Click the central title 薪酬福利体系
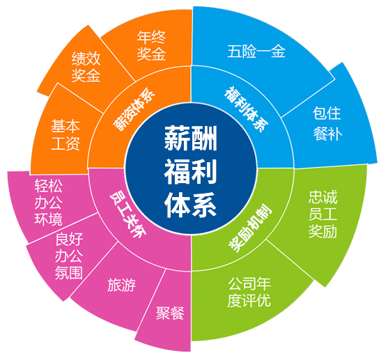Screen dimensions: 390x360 click(191, 172)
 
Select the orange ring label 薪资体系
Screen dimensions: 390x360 click(134, 109)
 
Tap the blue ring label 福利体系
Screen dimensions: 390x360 click(247, 109)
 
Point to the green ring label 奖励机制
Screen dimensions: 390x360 click(251, 228)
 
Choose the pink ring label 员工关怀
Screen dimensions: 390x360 click(127, 214)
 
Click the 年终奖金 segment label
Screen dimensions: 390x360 click(151, 46)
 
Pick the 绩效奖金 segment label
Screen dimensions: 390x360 click(86, 67)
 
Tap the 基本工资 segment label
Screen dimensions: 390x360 click(65, 135)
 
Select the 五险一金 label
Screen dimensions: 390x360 click(256, 52)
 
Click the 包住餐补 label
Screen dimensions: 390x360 click(327, 123)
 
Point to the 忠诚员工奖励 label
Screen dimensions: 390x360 click(322, 214)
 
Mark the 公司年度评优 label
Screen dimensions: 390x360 click(249, 292)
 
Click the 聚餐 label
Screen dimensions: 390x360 click(170, 313)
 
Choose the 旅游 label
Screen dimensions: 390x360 click(122, 285)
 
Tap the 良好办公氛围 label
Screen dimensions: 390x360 click(69, 256)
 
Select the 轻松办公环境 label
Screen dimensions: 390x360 click(48, 203)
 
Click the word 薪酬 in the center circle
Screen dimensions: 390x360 click(191, 138)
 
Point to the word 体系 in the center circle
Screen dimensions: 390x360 click(191, 205)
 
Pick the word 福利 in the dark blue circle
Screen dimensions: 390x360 click(191, 172)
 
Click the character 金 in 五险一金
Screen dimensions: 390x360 click(279, 52)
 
